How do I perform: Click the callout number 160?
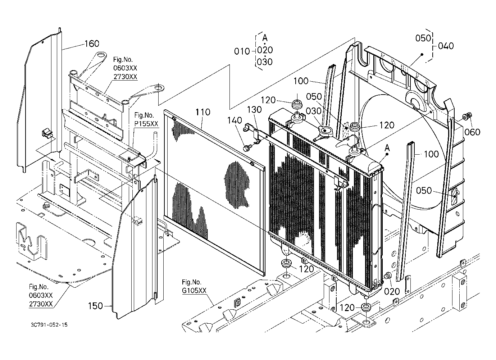point(92,44)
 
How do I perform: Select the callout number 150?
point(95,306)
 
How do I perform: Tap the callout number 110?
point(203,112)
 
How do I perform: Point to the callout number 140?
point(235,120)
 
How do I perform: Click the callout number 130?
point(254,110)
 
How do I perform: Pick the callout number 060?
point(472,132)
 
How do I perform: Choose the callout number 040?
point(446,46)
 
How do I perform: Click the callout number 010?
point(242,51)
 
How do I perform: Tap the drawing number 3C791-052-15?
point(49,325)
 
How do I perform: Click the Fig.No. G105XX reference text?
point(194,286)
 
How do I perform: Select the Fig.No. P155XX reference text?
point(146,119)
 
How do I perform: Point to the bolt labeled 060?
point(467,116)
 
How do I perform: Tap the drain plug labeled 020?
point(387,276)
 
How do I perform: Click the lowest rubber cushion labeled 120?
point(367,307)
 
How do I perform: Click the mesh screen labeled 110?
point(214,193)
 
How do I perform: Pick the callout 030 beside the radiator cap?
point(314,111)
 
